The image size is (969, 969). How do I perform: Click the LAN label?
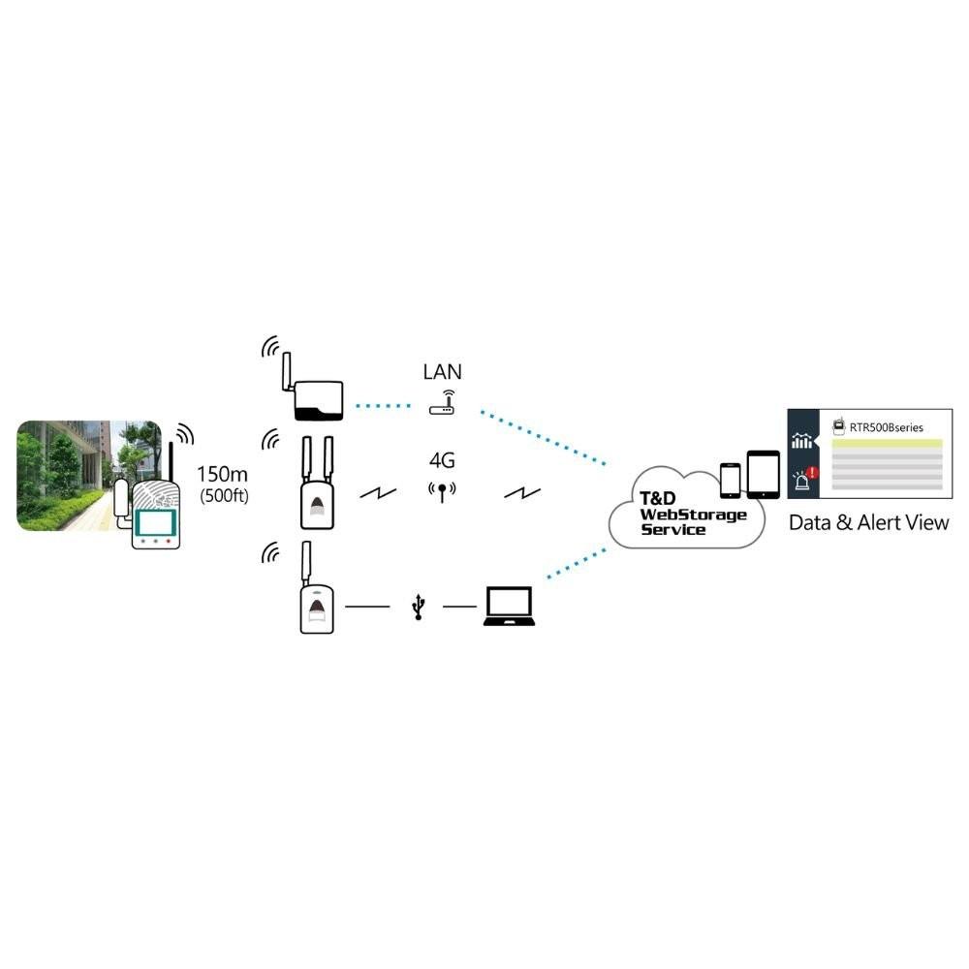[442, 371]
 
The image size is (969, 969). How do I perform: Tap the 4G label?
[442, 460]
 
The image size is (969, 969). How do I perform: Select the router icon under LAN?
[442, 403]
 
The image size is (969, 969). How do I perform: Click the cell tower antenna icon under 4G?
[442, 492]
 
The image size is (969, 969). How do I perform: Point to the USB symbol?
[418, 608]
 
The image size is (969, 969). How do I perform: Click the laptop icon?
[508, 607]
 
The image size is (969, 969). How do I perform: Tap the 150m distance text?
[222, 475]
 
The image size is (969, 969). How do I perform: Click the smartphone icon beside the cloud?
[731, 479]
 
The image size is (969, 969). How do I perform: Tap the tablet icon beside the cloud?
[763, 474]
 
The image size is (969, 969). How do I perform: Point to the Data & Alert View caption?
[868, 523]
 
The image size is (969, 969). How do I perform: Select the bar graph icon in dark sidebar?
[802, 441]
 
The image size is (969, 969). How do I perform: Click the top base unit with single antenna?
[318, 399]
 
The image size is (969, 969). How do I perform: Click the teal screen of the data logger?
[155, 522]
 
